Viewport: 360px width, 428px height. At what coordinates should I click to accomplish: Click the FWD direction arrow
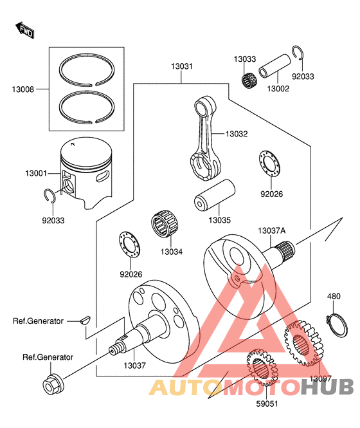25,30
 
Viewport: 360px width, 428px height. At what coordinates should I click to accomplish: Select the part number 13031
182,66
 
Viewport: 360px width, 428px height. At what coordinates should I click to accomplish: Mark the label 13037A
272,231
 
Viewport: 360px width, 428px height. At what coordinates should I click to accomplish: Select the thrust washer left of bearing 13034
129,246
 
